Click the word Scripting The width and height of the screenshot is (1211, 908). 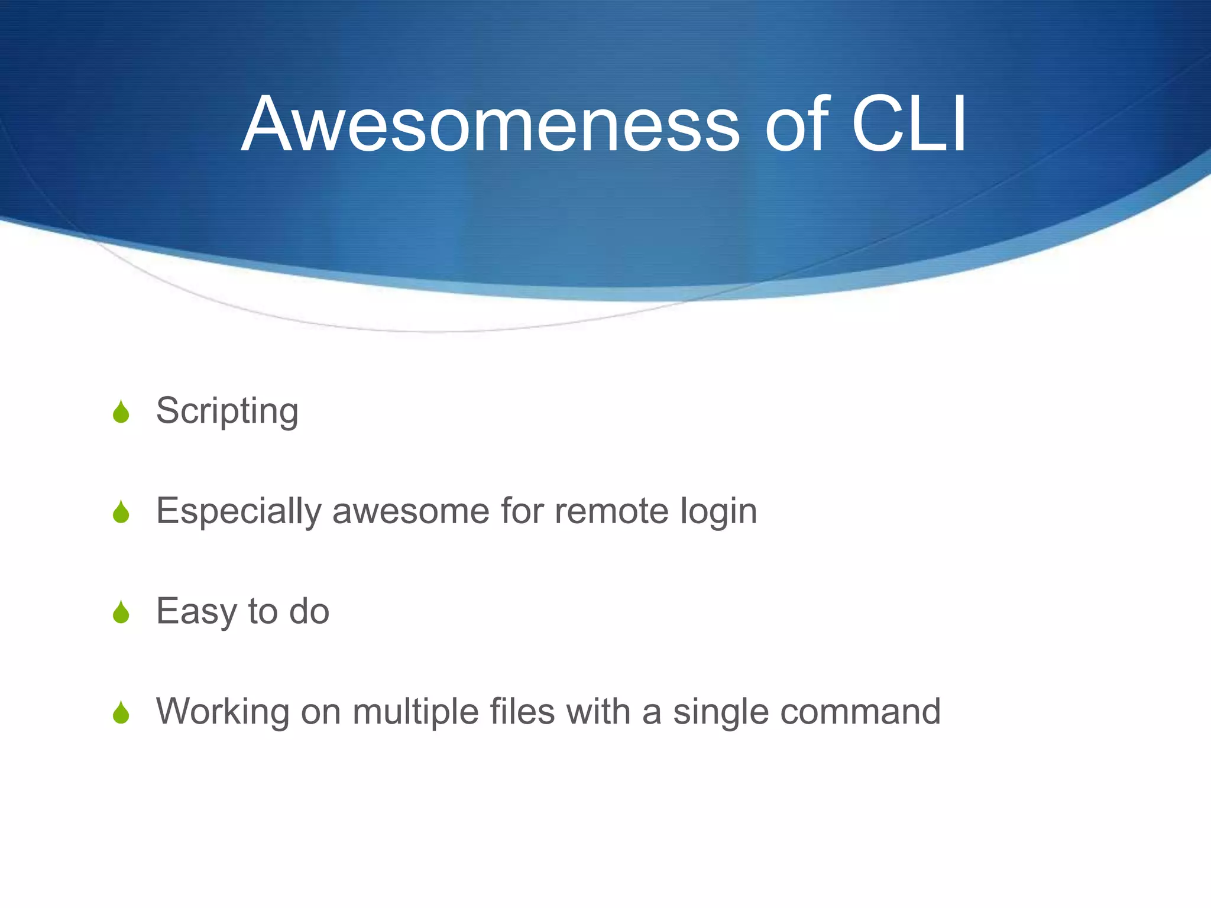click(227, 411)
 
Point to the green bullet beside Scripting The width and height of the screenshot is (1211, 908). click(121, 412)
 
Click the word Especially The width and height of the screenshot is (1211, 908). click(238, 511)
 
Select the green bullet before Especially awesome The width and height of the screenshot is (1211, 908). click(121, 513)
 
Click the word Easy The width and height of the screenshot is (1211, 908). click(196, 612)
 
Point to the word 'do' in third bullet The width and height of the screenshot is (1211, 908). click(309, 611)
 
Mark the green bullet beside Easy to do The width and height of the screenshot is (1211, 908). click(121, 613)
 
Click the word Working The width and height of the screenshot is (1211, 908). click(222, 712)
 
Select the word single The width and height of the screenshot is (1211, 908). click(721, 712)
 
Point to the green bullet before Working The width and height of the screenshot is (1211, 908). click(121, 714)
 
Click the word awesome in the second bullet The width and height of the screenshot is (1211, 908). click(411, 511)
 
